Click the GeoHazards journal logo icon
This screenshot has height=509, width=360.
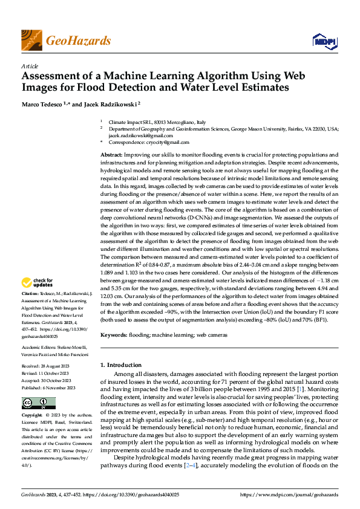click(31, 41)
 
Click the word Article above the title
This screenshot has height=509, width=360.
click(29, 66)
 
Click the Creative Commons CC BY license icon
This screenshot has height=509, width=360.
click(38, 404)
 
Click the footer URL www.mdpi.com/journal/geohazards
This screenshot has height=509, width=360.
click(289, 494)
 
